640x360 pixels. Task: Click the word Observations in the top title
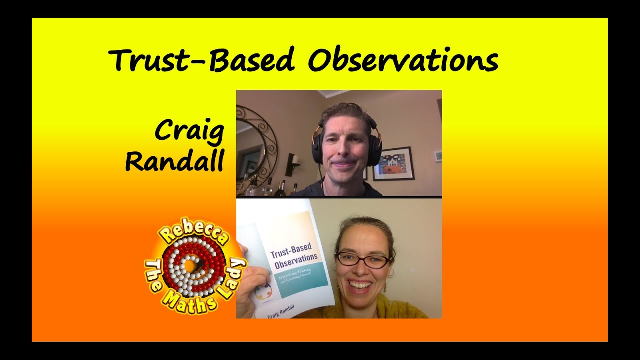click(x=403, y=61)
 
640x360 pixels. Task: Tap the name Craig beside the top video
click(x=189, y=131)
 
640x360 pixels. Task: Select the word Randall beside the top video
click(x=174, y=162)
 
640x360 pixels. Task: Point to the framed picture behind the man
click(x=393, y=163)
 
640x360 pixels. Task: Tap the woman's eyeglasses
click(x=362, y=260)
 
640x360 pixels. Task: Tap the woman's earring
click(x=385, y=289)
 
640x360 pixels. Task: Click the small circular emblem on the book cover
click(x=263, y=291)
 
